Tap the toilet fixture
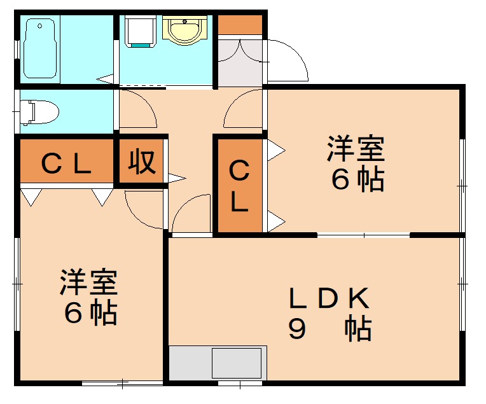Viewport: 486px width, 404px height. pos(39,113)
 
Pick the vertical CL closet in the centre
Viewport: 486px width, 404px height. pos(239,186)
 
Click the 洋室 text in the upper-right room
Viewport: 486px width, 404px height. pos(356,150)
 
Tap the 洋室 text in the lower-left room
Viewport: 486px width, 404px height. pos(88,283)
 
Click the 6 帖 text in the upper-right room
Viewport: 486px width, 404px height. pos(357,181)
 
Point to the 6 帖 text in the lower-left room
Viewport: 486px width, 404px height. pos(90,314)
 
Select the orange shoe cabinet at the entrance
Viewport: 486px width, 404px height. pos(240,24)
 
